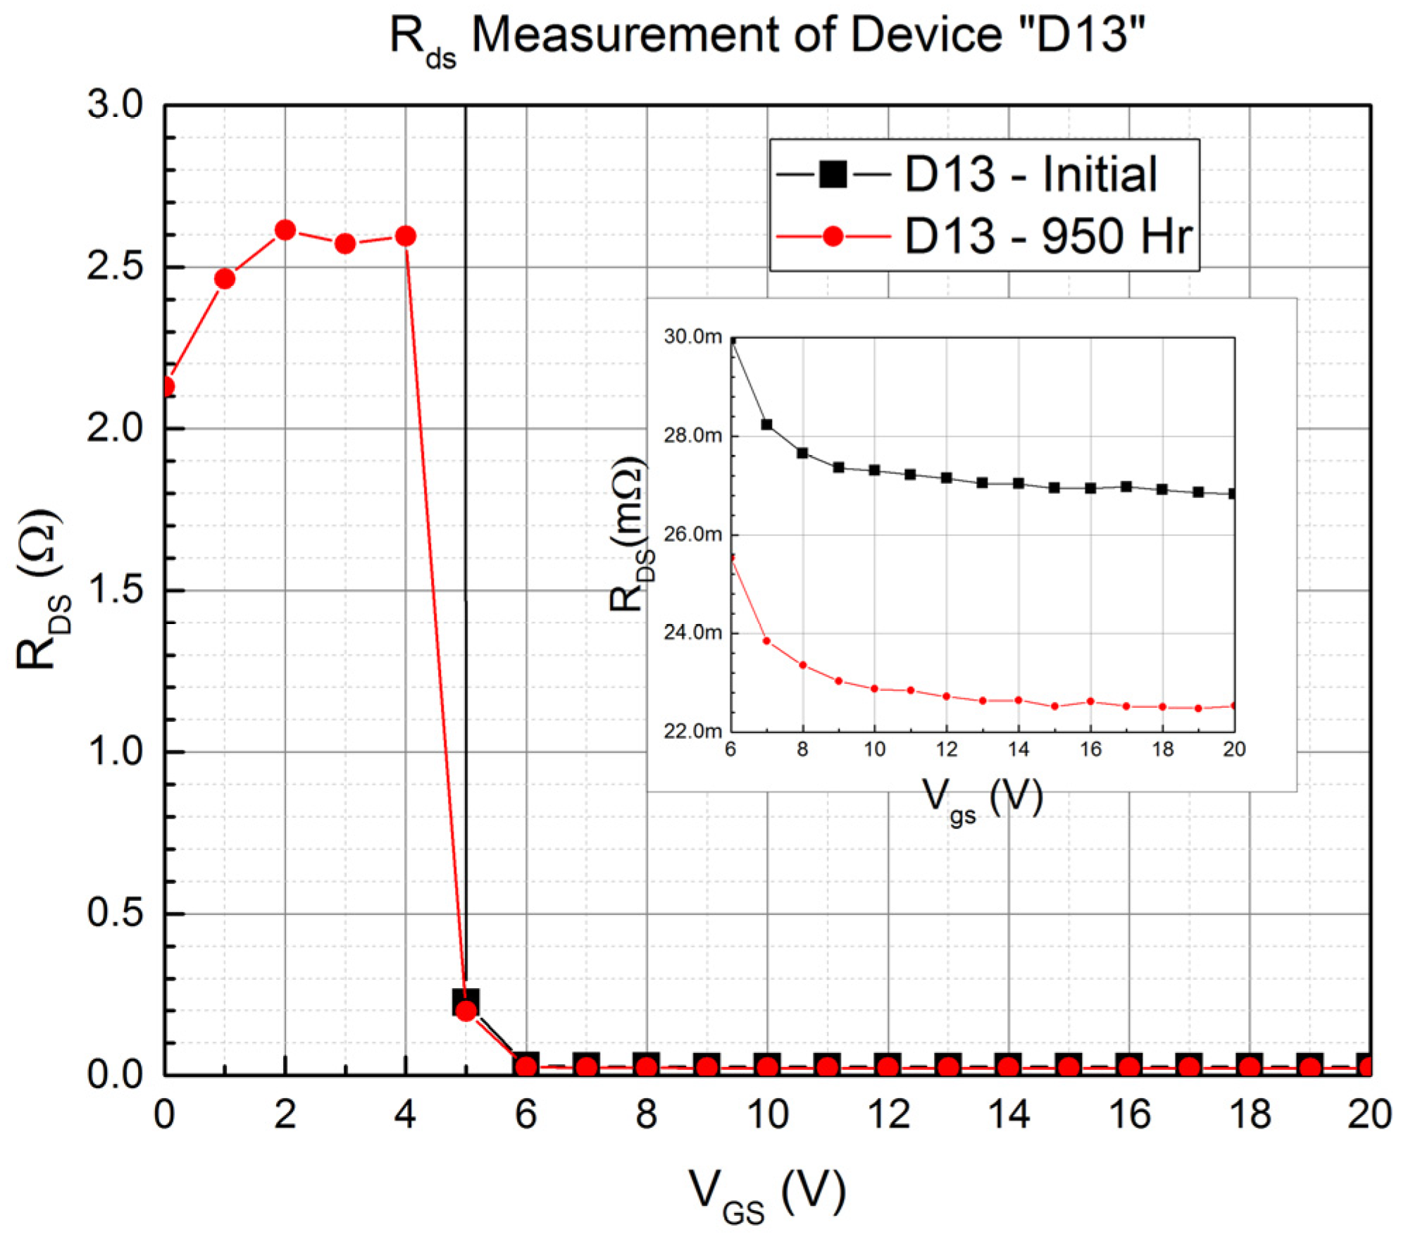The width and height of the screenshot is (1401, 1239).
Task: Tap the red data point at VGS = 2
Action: [285, 230]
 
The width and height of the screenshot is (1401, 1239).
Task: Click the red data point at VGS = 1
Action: [225, 279]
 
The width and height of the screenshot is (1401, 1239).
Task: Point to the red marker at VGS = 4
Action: [405, 236]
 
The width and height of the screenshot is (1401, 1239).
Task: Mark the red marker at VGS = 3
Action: [345, 244]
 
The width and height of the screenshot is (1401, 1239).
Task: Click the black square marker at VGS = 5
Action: [465, 1001]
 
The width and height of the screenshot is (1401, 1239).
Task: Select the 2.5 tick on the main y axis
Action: [115, 267]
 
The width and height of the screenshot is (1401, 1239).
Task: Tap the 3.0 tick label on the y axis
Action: [115, 105]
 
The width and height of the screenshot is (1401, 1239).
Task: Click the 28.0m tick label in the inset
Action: [693, 435]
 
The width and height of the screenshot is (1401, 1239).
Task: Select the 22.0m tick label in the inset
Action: [693, 731]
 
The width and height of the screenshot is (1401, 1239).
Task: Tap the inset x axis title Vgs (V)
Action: [982, 800]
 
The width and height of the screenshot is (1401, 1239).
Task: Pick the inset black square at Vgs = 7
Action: [767, 425]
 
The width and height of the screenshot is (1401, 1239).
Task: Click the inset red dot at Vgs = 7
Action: [767, 641]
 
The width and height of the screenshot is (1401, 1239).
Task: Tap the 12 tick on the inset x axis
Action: [947, 749]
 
